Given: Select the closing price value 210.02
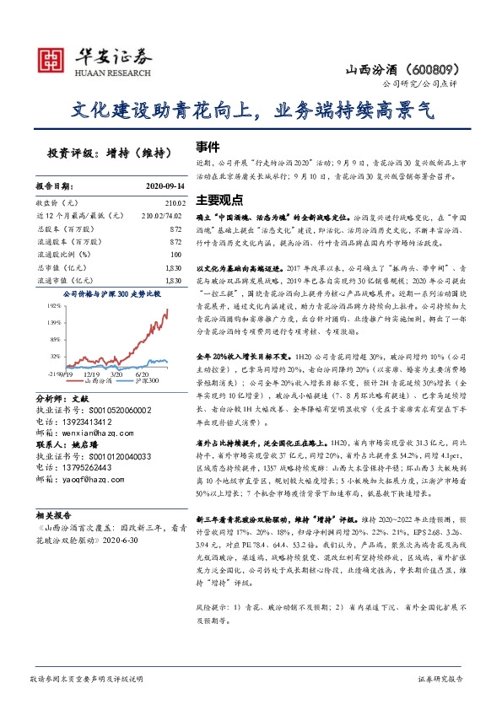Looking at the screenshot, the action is click(x=170, y=203).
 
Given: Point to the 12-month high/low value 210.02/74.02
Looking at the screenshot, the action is click(x=158, y=216).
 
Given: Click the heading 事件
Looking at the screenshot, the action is click(x=208, y=145).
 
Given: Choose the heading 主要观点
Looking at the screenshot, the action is click(x=219, y=201).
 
